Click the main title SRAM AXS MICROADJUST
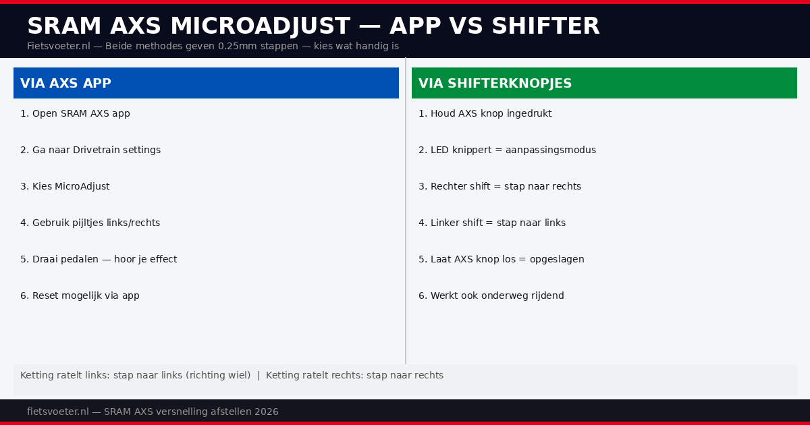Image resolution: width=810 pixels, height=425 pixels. [189, 26]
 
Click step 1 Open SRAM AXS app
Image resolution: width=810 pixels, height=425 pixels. [75, 113]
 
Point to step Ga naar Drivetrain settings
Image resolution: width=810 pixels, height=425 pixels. [90, 150]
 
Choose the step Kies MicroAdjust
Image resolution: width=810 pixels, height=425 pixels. [65, 186]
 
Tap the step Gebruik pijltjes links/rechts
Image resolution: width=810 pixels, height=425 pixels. [90, 223]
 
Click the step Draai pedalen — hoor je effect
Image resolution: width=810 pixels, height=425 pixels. [99, 259]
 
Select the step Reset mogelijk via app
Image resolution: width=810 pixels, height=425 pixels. [80, 295]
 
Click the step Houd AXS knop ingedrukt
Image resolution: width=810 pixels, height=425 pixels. [485, 113]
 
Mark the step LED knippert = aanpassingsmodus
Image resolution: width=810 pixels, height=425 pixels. [507, 150]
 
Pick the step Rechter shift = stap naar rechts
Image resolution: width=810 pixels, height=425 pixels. [500, 186]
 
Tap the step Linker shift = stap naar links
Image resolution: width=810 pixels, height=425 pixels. [492, 223]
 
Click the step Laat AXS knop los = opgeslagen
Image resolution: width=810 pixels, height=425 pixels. [501, 259]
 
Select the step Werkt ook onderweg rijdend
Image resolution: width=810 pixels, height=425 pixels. [491, 295]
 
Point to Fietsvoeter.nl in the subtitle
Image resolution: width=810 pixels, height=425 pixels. [59, 46]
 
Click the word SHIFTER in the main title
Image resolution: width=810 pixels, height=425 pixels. [545, 26]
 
